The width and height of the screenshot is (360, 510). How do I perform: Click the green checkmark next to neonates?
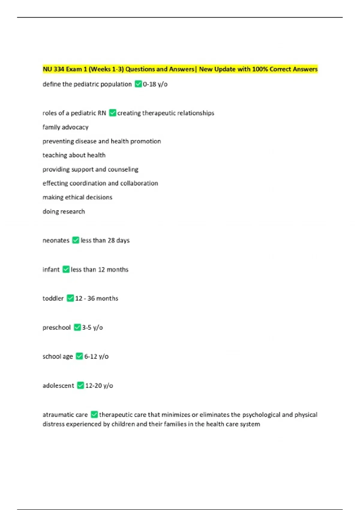point(76,240)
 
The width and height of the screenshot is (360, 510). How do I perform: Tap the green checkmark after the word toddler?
point(70,298)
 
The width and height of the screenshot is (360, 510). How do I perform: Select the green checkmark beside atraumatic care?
point(94,414)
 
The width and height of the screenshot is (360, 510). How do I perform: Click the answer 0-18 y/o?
point(155,84)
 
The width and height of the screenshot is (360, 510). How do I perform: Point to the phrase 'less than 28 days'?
point(105,240)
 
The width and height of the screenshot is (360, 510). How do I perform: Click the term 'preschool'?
point(56,327)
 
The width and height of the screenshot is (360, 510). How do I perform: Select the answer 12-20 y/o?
point(99,385)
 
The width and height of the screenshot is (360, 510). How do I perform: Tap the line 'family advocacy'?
point(65,127)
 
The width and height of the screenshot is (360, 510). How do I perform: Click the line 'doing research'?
point(64,211)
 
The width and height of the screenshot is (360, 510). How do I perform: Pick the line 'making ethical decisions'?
point(77,197)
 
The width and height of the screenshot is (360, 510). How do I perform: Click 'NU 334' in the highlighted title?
point(54,69)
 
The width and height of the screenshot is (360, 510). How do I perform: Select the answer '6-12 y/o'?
point(96,356)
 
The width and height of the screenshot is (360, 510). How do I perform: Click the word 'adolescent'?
point(58,385)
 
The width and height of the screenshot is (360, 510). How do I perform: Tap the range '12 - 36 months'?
point(97,298)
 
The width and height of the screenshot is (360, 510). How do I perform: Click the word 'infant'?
point(51,269)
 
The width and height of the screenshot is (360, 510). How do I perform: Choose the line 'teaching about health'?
point(74,155)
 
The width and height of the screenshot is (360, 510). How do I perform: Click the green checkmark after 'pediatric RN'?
point(112,113)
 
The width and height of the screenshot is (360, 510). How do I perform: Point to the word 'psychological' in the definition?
point(261,415)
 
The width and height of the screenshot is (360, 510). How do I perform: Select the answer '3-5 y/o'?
point(92,327)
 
